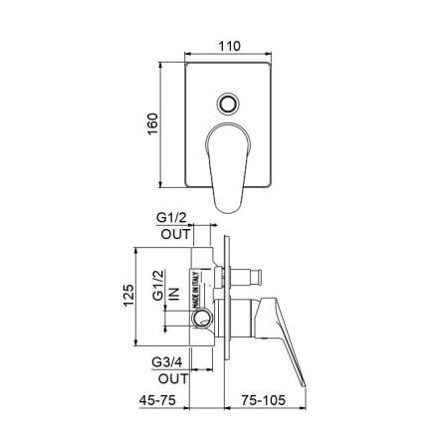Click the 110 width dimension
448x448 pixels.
click(x=230, y=46)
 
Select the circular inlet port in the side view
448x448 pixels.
click(x=205, y=320)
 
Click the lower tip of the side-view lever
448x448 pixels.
click(x=303, y=381)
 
